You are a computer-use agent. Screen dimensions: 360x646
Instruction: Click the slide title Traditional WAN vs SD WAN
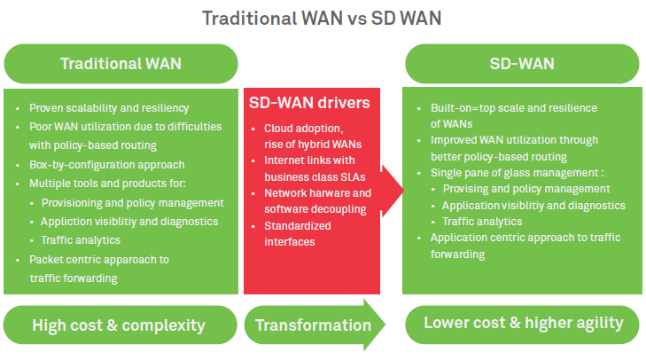point(323,18)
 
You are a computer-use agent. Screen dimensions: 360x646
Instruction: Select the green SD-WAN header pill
point(523,64)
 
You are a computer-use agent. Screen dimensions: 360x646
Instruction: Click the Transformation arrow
point(314,325)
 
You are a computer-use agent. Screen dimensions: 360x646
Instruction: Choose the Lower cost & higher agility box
point(523,323)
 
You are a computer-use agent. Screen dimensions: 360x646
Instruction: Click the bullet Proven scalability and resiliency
point(109,108)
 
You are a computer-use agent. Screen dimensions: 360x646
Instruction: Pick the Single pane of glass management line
point(505,173)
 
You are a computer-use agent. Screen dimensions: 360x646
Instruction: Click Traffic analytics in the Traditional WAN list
point(81,239)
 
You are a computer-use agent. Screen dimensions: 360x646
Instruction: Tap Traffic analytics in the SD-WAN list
point(482,221)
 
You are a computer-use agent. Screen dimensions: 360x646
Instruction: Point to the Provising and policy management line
point(526,189)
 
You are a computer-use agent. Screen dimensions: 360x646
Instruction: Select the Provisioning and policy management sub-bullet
point(133,202)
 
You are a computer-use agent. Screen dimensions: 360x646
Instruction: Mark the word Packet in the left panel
point(46,260)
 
